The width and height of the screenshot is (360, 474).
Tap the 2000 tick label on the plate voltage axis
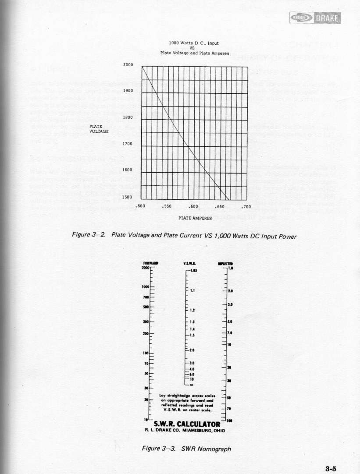pyautogui.click(x=128, y=65)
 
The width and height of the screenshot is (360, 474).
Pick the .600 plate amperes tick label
pyautogui.click(x=193, y=206)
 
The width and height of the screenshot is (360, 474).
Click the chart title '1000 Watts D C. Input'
pyautogui.click(x=194, y=43)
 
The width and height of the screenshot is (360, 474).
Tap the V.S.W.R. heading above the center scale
pyautogui.click(x=193, y=263)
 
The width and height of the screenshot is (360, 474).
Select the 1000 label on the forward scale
pyautogui.click(x=146, y=287)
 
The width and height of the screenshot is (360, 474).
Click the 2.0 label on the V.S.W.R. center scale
pyautogui.click(x=193, y=350)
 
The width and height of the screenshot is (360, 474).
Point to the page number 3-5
pyautogui.click(x=331, y=468)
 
